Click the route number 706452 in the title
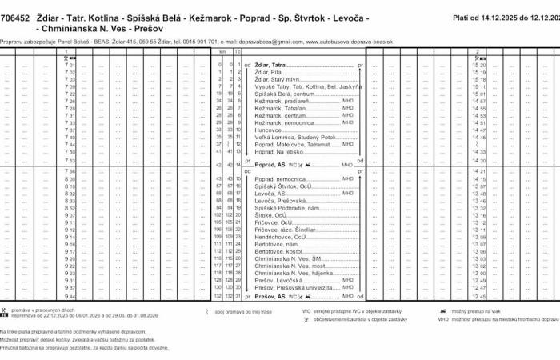[16, 17]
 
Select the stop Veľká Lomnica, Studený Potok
[292, 137]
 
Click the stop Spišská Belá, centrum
[283, 94]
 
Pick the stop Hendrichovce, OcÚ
[280, 237]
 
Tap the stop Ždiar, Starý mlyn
[276, 79]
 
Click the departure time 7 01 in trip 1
[70, 65]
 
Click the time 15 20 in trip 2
[479, 65]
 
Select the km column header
[230, 51]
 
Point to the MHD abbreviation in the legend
[442, 318]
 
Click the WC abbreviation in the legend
[306, 310]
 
